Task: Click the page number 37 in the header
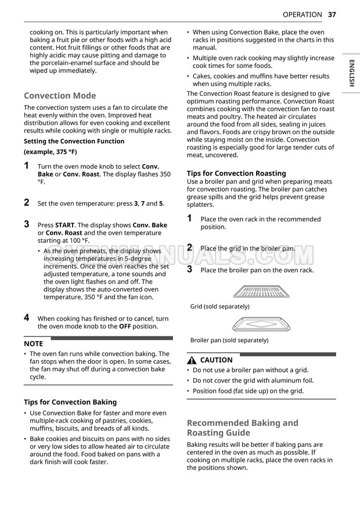(x=332, y=15)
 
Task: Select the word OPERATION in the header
(x=302, y=15)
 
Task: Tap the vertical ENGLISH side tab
(x=351, y=73)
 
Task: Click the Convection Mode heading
(x=60, y=95)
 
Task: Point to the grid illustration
(x=261, y=292)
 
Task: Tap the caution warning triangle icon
(x=192, y=360)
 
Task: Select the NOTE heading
(x=33, y=343)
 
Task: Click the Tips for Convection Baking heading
(x=70, y=402)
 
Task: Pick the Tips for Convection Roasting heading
(x=236, y=173)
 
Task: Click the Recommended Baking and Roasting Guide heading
(x=242, y=428)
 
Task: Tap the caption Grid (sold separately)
(x=220, y=306)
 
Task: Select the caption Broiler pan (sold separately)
(x=229, y=340)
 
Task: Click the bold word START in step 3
(x=65, y=225)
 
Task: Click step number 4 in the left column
(x=27, y=318)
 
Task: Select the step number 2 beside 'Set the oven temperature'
(x=27, y=203)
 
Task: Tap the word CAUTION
(x=216, y=360)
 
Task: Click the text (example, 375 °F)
(x=50, y=152)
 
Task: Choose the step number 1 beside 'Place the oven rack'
(x=190, y=218)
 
